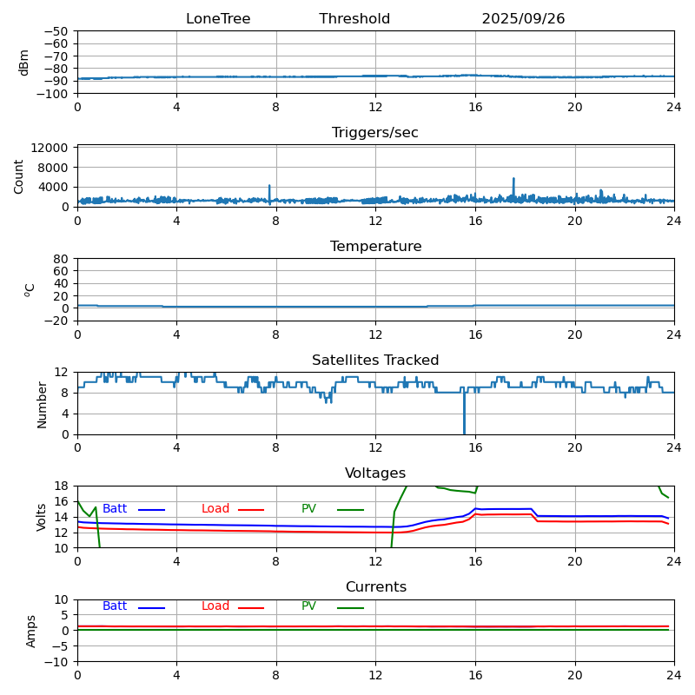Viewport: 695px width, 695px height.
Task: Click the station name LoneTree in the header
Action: tap(217, 19)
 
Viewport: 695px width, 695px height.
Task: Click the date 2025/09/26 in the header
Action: tap(523, 19)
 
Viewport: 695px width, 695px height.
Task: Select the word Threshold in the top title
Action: tap(354, 19)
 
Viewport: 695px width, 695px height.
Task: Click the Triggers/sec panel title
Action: tap(375, 133)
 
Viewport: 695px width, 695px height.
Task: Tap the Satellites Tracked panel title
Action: tap(375, 361)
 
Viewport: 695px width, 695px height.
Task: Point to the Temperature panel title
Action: tap(375, 247)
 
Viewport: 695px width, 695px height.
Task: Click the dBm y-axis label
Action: tap(24, 63)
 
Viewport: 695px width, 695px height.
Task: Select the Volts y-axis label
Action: tap(42, 517)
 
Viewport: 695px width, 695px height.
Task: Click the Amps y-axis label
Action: tap(31, 631)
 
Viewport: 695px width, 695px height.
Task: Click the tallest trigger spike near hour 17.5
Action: tap(513, 180)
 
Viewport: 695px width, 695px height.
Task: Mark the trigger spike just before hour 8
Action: tap(269, 187)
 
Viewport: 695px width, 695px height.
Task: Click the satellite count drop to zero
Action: tap(464, 431)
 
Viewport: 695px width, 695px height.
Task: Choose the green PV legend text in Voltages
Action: tap(308, 509)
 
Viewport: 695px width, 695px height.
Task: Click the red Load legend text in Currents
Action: tap(215, 606)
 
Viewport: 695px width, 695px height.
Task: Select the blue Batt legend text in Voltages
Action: tap(115, 509)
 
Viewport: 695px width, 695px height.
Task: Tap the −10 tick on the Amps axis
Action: tap(57, 662)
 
